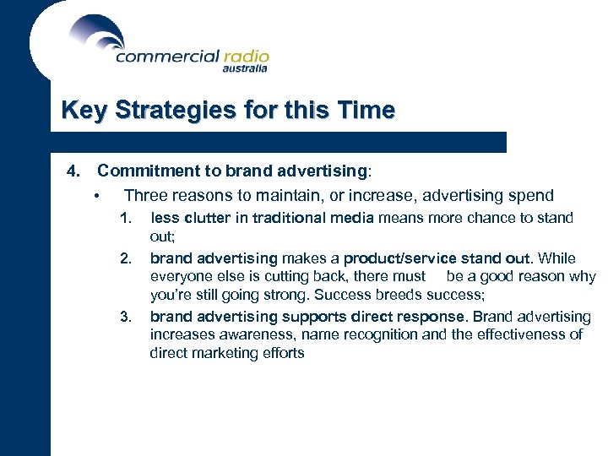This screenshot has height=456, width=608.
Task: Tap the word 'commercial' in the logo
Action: tap(166, 57)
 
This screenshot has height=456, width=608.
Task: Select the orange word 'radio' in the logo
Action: tap(246, 56)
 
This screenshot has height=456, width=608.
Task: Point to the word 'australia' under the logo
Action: tap(245, 69)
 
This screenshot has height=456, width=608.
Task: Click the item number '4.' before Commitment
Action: tap(73, 171)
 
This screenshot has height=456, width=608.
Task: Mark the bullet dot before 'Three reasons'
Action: tap(98, 198)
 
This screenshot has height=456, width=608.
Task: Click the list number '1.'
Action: tap(126, 218)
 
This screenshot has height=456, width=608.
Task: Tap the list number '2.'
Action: tap(126, 258)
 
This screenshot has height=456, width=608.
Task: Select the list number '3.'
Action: tap(126, 317)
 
